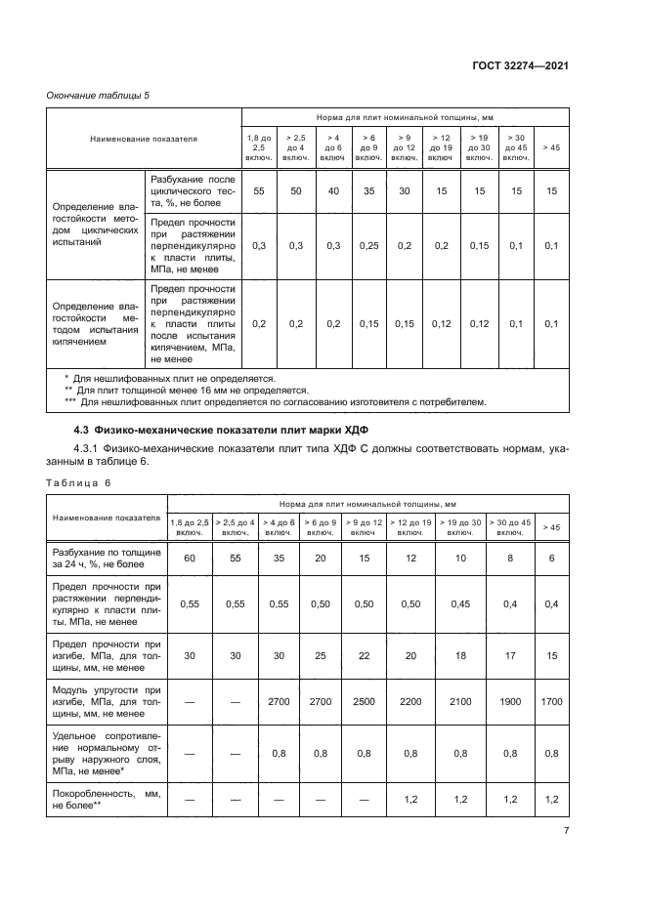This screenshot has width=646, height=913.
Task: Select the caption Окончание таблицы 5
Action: tap(95, 95)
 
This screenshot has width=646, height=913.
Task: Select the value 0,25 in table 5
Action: tap(368, 247)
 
